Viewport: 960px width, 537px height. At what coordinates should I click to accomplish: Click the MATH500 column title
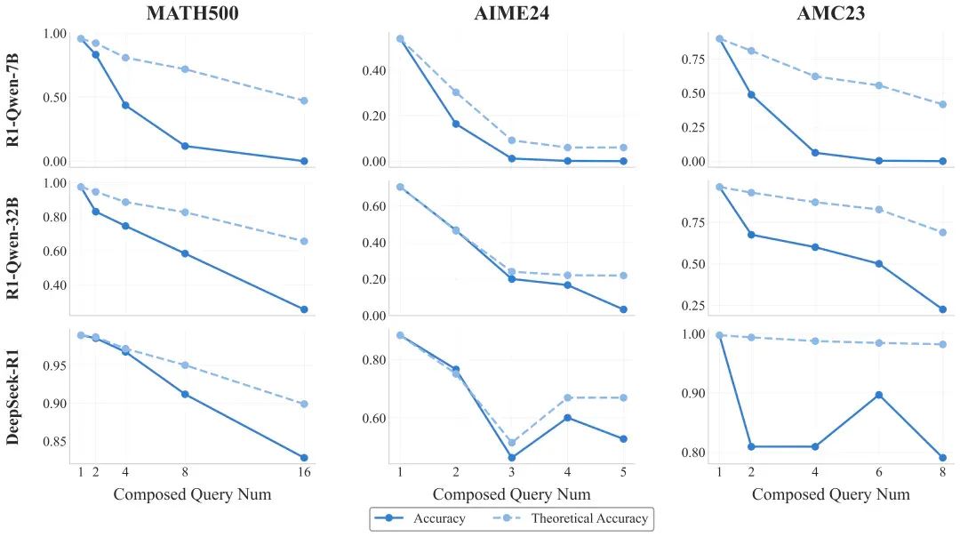click(x=192, y=12)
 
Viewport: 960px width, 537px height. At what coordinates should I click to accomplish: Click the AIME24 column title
click(x=511, y=12)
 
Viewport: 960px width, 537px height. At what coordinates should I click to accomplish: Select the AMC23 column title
click(x=831, y=12)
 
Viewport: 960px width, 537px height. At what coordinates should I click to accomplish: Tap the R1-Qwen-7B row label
click(x=12, y=100)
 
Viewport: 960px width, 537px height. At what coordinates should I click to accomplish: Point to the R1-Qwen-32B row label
click(x=12, y=249)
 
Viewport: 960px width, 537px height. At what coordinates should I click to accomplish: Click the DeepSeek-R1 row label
click(x=12, y=397)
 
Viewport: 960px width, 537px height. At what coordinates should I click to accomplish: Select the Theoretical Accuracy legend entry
click(x=571, y=518)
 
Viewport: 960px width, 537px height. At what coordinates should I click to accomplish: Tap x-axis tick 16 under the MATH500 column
click(x=304, y=472)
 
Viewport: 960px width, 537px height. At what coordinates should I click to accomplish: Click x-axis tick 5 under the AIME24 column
click(x=623, y=472)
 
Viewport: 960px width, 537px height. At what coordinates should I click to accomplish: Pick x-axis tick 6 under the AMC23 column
click(x=878, y=472)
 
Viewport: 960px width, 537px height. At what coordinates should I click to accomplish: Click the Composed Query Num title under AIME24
click(x=511, y=494)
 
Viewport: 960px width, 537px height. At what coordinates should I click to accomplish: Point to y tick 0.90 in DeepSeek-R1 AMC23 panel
click(x=693, y=393)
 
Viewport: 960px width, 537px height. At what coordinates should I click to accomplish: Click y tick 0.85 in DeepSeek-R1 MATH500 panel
click(x=55, y=442)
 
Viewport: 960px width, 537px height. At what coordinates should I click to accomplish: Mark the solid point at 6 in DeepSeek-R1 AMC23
click(x=878, y=395)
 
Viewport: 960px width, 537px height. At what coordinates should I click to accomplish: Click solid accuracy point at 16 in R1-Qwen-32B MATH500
click(x=304, y=309)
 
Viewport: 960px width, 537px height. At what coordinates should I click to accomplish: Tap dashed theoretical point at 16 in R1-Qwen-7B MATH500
click(x=304, y=100)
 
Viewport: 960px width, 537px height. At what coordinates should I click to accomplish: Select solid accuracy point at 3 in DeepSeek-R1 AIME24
click(x=511, y=457)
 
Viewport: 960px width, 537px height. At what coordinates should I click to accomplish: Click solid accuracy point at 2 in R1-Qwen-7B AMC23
click(x=751, y=95)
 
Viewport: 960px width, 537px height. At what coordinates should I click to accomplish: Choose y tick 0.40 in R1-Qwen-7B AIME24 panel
click(x=374, y=70)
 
